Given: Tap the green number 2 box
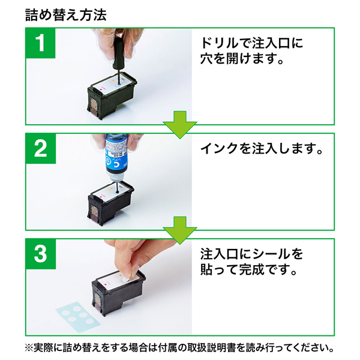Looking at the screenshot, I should pos(40,149).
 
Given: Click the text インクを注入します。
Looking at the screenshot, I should pos(260,149).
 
